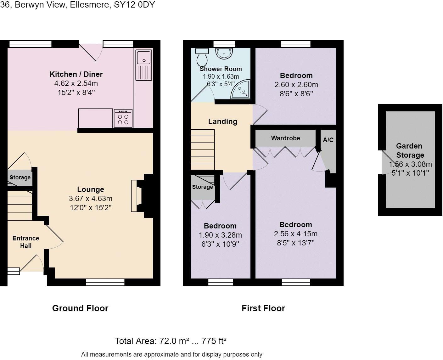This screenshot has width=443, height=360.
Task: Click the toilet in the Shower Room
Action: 202,57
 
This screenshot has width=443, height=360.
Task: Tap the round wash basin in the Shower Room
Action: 224,53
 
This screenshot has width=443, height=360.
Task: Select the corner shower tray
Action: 240,89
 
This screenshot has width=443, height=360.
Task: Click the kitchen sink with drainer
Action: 144,65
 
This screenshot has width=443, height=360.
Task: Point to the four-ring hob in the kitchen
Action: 123,118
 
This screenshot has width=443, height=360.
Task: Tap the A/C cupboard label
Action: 328,140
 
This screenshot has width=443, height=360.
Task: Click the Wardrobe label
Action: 285,138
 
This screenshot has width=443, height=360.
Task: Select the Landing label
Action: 222,121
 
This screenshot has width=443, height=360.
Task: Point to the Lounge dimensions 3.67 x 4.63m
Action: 91,198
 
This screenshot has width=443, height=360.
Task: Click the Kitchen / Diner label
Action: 76,74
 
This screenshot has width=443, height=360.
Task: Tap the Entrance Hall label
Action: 26,242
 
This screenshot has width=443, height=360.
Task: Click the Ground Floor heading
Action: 80,308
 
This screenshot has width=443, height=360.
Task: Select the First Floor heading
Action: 263,308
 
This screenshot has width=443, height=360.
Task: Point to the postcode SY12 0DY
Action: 134,5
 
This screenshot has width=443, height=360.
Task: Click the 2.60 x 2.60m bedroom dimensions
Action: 296,85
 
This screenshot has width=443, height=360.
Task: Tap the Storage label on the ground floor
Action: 20,177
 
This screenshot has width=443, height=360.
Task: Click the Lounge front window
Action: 105,282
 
